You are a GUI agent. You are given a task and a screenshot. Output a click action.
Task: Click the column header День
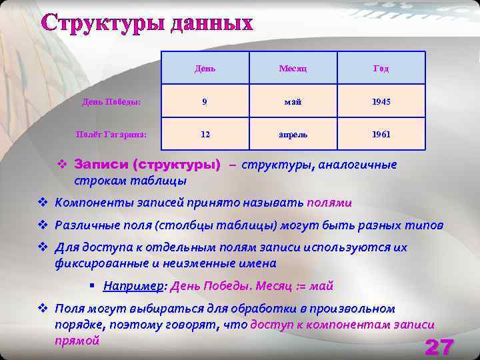click(205, 69)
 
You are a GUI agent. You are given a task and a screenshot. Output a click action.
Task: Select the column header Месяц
click(293, 69)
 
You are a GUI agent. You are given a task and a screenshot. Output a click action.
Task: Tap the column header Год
click(381, 69)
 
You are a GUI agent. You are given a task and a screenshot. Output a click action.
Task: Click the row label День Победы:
click(111, 102)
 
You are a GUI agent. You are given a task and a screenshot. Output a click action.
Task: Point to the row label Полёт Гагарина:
click(111, 134)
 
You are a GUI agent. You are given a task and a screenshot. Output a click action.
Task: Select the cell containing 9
click(205, 102)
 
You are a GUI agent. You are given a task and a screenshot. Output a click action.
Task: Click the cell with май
click(293, 102)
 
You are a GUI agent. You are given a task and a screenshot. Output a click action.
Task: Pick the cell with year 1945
click(381, 102)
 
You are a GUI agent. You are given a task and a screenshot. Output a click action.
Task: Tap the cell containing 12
click(205, 134)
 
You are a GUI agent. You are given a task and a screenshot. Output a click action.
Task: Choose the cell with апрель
click(293, 134)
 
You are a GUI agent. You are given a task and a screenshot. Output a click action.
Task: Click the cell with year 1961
click(381, 134)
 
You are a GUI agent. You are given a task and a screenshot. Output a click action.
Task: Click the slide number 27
click(439, 347)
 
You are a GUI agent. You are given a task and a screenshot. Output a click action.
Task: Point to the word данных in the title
click(212, 23)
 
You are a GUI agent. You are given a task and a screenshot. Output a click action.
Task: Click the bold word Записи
click(101, 164)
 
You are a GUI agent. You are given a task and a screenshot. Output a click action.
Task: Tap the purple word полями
click(329, 203)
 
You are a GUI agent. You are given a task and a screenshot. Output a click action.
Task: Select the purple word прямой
click(77, 340)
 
